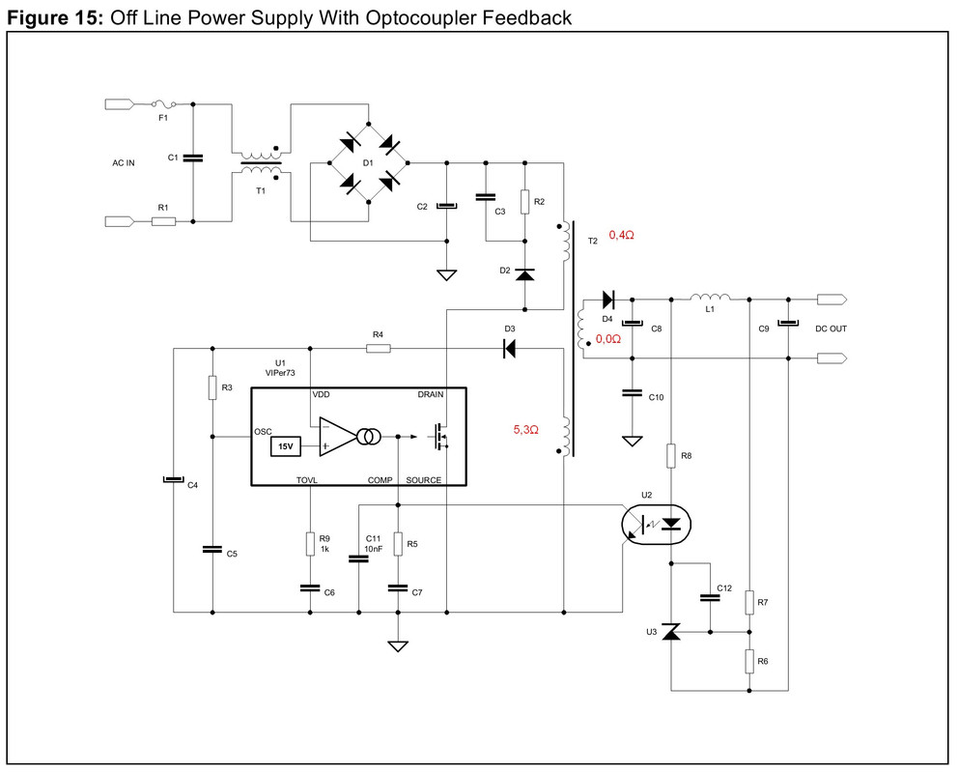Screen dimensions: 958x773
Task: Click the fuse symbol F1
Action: (x=164, y=104)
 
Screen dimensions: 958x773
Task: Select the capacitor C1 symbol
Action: (x=193, y=158)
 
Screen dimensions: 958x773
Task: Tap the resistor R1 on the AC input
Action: (x=163, y=221)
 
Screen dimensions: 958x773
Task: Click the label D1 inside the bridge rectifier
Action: (x=368, y=163)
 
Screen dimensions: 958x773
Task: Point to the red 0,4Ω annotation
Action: (x=621, y=235)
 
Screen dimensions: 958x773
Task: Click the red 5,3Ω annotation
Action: (x=526, y=430)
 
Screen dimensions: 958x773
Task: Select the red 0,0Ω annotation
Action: (x=607, y=338)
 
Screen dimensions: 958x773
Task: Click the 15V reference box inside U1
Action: (x=286, y=446)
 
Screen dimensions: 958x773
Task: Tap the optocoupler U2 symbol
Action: (x=656, y=525)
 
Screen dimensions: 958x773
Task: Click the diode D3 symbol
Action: (x=508, y=349)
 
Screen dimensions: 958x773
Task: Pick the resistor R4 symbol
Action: (x=379, y=348)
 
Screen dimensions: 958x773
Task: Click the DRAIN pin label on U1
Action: (x=431, y=394)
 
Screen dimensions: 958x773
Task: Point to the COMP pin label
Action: (x=380, y=480)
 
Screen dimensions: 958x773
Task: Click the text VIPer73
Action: (x=280, y=373)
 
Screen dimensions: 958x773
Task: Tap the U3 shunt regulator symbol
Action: (x=671, y=632)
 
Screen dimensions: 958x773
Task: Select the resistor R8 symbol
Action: (x=671, y=456)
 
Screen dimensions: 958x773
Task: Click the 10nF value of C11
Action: (x=374, y=549)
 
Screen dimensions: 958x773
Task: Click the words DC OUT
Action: (x=831, y=329)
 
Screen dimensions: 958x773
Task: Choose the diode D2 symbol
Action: (x=524, y=273)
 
